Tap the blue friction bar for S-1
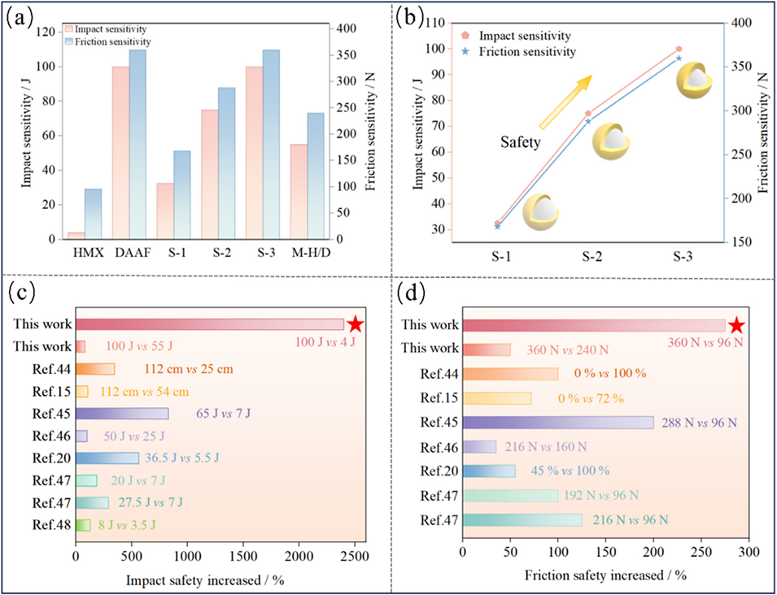(x=181, y=195)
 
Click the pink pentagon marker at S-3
(x=679, y=49)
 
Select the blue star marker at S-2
(x=588, y=121)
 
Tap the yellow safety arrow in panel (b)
(x=565, y=102)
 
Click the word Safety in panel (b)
(x=519, y=141)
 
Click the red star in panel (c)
(x=355, y=325)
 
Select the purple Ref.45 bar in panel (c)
(x=122, y=413)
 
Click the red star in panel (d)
(x=736, y=325)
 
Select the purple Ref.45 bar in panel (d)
(x=557, y=423)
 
